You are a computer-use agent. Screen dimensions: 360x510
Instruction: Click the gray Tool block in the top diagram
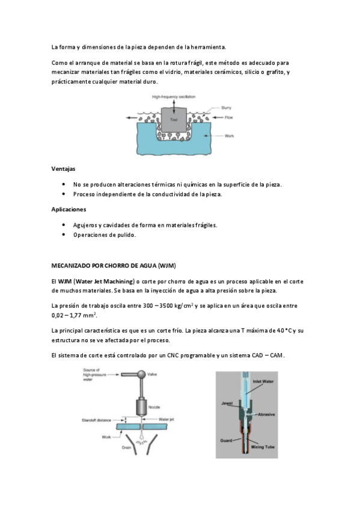coord(174,120)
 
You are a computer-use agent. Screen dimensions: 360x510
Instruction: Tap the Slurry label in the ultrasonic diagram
coord(226,108)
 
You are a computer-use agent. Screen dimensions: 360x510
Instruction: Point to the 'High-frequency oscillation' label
coord(174,97)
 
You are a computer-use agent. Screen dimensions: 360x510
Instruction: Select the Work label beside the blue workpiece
coord(229,136)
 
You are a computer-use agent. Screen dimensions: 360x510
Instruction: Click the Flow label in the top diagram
coord(229,117)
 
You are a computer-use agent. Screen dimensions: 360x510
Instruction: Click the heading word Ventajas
coord(63,169)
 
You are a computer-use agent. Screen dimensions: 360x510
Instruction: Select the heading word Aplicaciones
coord(69,209)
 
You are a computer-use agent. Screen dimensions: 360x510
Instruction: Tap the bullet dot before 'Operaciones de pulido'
coord(64,235)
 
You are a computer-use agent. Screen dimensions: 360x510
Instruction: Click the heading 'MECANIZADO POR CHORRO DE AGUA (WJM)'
coord(114,266)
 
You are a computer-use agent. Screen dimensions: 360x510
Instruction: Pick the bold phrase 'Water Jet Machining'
coord(105,281)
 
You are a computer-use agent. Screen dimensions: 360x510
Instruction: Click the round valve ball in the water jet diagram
coord(141,375)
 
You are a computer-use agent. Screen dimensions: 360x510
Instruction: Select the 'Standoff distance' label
coord(96,420)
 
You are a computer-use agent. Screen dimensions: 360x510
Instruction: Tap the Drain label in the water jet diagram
coord(126,447)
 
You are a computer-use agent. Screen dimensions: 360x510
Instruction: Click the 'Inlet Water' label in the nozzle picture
coord(263,381)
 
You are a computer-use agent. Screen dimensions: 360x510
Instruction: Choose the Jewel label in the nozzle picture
coord(227,404)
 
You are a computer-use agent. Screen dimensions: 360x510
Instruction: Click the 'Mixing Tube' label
coord(263,447)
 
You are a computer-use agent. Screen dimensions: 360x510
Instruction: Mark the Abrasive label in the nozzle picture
coord(266,415)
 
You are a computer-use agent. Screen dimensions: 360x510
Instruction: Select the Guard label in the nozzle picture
coord(226,441)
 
